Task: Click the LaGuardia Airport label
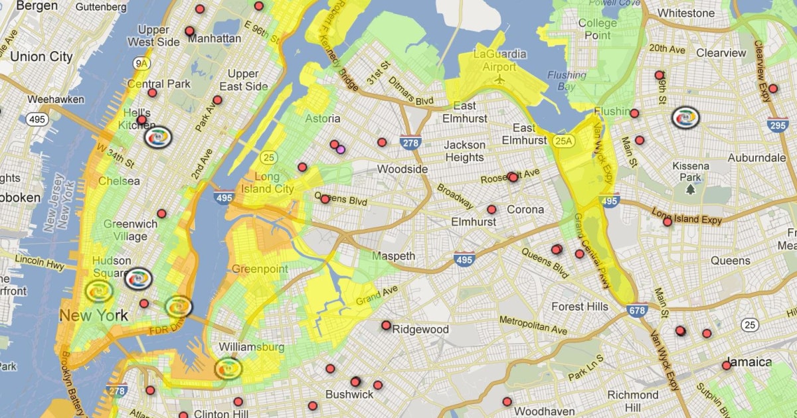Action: pos(500,60)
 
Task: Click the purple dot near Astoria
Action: pos(341,149)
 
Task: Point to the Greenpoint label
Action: pos(260,269)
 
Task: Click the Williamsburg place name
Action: pos(251,347)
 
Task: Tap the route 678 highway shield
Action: pos(636,309)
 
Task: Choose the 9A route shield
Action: pos(141,64)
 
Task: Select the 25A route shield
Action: pos(563,140)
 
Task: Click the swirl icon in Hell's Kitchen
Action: pos(157,137)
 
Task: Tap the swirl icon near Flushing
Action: pos(685,117)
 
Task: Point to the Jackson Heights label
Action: pos(464,151)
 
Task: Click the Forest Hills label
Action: pos(579,307)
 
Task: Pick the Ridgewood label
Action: pos(420,329)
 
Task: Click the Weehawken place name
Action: pos(56,100)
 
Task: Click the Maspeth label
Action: pos(393,256)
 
